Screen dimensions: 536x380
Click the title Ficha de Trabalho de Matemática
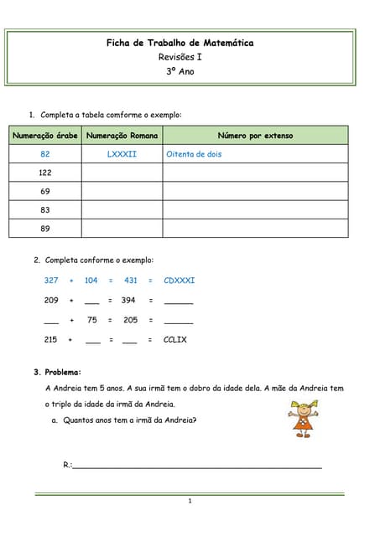pyautogui.click(x=180, y=43)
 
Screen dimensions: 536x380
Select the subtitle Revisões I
pyautogui.click(x=180, y=57)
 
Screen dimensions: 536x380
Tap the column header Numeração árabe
pyautogui.click(x=45, y=136)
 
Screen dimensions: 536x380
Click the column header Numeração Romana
pyautogui.click(x=122, y=136)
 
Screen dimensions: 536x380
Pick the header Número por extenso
pyautogui.click(x=255, y=136)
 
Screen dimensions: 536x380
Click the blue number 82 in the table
pyautogui.click(x=45, y=154)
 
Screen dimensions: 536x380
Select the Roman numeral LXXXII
pyautogui.click(x=122, y=154)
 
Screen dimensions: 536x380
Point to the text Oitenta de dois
pyautogui.click(x=194, y=154)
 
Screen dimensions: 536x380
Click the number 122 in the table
pyautogui.click(x=45, y=173)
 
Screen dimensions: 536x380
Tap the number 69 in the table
pyautogui.click(x=45, y=191)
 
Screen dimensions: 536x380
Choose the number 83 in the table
pyautogui.click(x=45, y=209)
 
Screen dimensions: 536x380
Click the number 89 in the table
pyautogui.click(x=45, y=228)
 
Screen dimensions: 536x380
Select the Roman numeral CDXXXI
pyautogui.click(x=180, y=281)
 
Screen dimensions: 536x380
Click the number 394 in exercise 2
pyautogui.click(x=128, y=300)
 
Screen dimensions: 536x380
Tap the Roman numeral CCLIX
pyautogui.click(x=175, y=339)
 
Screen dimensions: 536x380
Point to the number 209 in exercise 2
pyautogui.click(x=51, y=300)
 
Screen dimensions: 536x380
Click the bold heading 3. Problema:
pyautogui.click(x=57, y=372)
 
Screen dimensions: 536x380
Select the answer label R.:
pyautogui.click(x=68, y=464)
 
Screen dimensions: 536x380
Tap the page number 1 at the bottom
pyautogui.click(x=190, y=502)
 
